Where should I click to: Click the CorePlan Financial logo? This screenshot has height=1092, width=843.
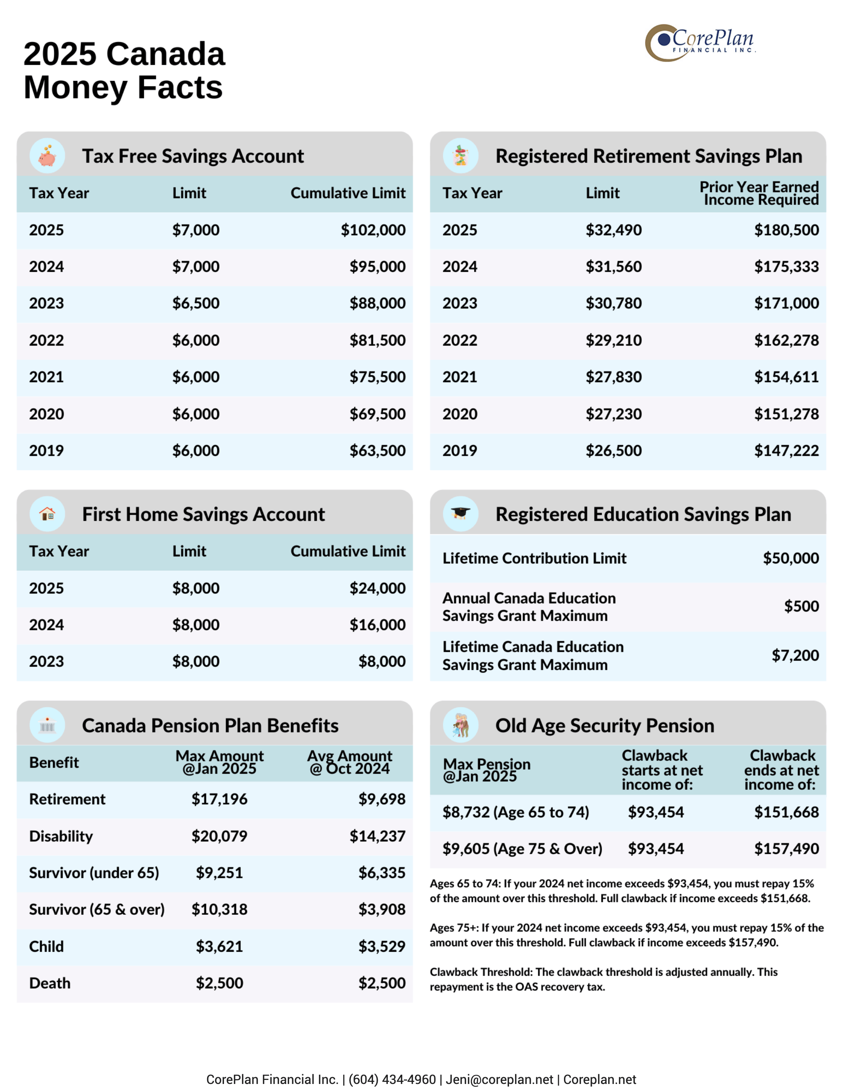tap(700, 43)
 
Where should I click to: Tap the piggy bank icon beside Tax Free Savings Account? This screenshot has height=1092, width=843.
tap(47, 156)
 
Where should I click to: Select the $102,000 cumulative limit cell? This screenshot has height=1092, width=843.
tap(373, 230)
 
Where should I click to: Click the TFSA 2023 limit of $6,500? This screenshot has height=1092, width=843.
tap(195, 303)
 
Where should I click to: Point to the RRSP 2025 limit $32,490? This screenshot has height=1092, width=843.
tap(613, 230)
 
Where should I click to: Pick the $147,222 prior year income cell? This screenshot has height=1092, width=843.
tap(786, 450)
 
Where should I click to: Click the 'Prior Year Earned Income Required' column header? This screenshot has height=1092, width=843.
tap(759, 193)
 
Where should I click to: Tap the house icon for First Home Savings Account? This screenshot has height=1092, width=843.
tap(47, 513)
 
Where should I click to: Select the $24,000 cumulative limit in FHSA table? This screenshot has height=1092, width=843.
tap(377, 588)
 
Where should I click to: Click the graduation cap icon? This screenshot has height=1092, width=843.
tap(460, 513)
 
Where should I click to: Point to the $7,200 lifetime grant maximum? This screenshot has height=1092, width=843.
tap(795, 655)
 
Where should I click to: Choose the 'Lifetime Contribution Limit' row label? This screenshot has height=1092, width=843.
tap(533, 558)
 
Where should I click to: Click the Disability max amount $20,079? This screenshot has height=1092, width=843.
tap(219, 836)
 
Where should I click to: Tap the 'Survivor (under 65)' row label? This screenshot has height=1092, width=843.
tap(94, 873)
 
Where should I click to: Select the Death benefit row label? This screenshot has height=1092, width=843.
tap(49, 983)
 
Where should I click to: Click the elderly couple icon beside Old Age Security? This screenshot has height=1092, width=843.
tap(460, 725)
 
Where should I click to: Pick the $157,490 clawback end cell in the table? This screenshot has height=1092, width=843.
tap(786, 849)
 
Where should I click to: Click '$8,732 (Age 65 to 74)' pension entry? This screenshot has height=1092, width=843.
tap(515, 812)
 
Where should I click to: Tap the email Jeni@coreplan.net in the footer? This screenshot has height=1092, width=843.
tap(499, 1080)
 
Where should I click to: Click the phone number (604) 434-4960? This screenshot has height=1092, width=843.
tap(392, 1080)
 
